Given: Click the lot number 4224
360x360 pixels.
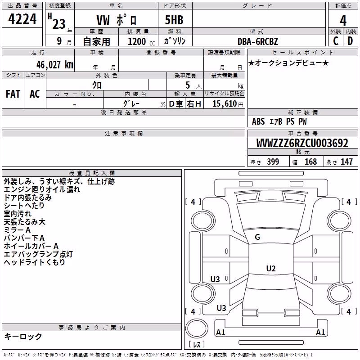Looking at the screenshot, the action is [x=22, y=19].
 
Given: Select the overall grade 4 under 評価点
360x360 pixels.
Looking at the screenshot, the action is [x=343, y=21].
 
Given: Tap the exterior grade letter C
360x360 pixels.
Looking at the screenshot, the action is [x=336, y=41].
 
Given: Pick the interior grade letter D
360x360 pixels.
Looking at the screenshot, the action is [x=350, y=41].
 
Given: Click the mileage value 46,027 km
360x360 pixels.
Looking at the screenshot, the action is [x=55, y=64].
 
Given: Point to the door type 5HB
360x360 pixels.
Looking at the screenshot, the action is [x=174, y=20].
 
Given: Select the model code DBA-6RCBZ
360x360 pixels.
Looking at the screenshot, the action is [x=257, y=41].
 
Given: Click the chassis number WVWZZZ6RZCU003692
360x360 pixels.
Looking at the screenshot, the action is [x=302, y=143].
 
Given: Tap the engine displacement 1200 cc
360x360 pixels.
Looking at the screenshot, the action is [x=141, y=41].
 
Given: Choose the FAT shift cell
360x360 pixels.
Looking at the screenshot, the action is [x=13, y=94].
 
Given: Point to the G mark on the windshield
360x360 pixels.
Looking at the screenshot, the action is [x=257, y=237].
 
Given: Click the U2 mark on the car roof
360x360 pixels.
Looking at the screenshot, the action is [x=271, y=268].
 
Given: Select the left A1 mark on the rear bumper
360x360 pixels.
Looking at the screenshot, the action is [x=220, y=332].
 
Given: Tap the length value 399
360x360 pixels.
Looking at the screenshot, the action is [x=273, y=162].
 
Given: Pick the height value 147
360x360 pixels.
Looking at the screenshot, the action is [x=346, y=162].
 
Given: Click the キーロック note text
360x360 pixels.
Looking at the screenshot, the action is [x=23, y=336].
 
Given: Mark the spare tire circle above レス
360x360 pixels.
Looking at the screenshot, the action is [x=197, y=328].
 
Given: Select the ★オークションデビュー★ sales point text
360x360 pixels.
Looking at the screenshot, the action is [x=288, y=63].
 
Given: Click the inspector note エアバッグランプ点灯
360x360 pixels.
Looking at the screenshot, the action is [x=38, y=254].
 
